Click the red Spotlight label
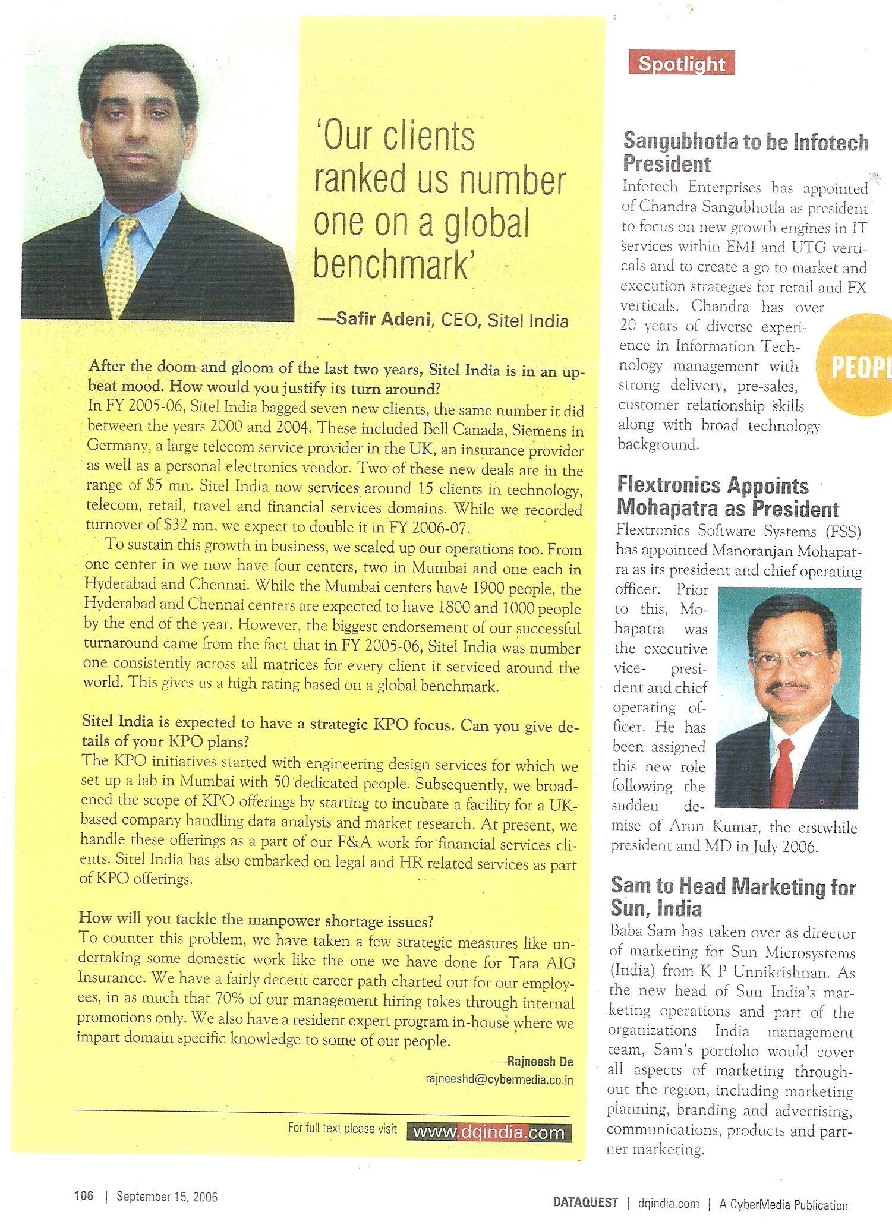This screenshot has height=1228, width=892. (x=681, y=64)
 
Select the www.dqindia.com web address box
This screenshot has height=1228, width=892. (x=488, y=1132)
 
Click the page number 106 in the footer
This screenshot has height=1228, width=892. (x=84, y=1196)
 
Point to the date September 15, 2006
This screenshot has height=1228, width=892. (x=167, y=1197)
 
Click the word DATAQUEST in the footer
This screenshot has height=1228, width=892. (x=585, y=1202)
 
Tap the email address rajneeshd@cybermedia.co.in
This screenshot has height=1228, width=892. (x=499, y=1079)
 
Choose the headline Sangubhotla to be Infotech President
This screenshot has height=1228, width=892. (x=745, y=152)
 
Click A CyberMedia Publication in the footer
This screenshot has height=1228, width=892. (x=783, y=1204)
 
